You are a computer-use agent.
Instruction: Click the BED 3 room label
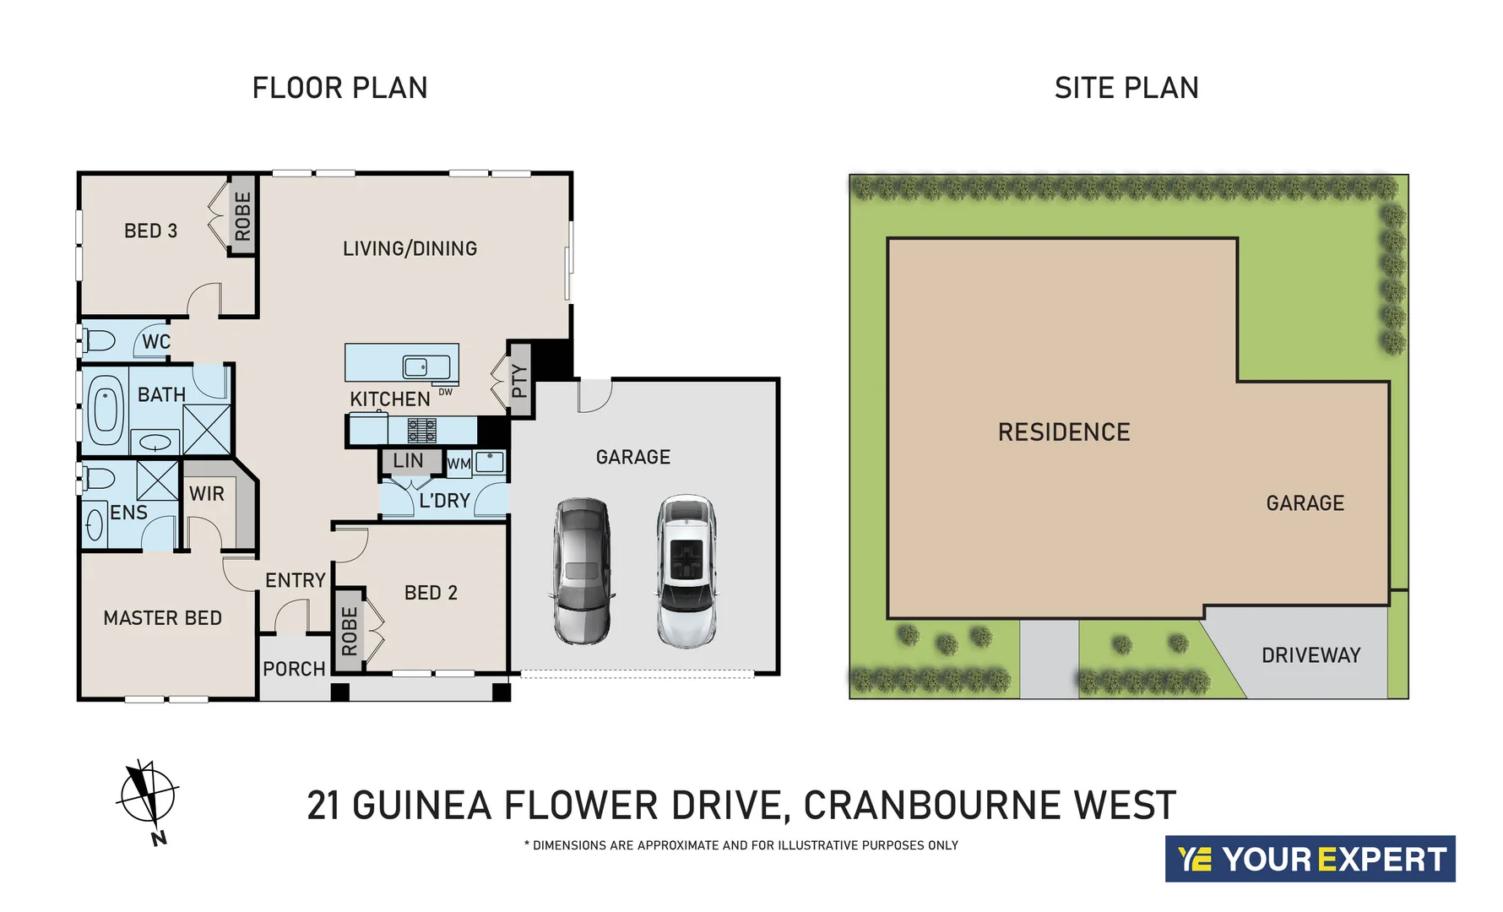pos(150,231)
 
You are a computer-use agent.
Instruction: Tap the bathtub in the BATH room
pos(106,410)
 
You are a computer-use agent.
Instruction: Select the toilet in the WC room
pos(100,341)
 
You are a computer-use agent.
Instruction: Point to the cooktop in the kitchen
pos(422,431)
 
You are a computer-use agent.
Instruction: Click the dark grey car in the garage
pos(582,571)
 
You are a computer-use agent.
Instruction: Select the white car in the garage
pos(687,571)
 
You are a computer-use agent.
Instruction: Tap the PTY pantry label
pos(519,381)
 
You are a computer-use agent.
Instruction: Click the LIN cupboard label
pos(409,461)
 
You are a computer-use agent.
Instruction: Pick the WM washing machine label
pos(458,464)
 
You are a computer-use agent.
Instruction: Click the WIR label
pos(207,494)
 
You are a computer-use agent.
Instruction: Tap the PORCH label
pos(294,669)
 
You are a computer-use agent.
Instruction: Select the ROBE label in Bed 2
pos(349,631)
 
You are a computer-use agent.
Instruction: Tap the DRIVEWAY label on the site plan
pos(1310,655)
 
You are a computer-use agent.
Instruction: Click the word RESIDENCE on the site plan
pos(1063,432)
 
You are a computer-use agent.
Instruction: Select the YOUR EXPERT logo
pos(1310,859)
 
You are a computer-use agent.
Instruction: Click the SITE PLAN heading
pos(1126,88)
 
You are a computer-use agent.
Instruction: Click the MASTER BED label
pos(162,618)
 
